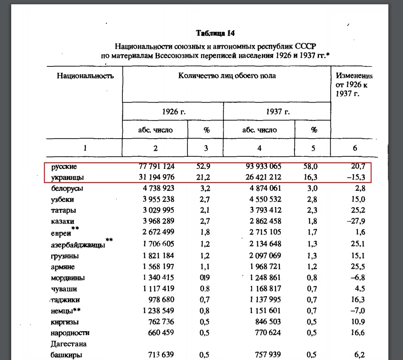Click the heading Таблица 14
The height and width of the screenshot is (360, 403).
(215, 33)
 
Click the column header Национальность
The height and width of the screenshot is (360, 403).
(85, 76)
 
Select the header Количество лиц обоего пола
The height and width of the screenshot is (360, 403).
(227, 76)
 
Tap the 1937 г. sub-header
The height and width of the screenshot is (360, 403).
(278, 112)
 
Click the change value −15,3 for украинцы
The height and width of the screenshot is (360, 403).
(356, 177)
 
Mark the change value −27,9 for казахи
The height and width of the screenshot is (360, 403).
(356, 221)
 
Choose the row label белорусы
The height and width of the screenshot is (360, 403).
(67, 188)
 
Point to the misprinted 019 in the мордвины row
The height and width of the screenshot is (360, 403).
(205, 278)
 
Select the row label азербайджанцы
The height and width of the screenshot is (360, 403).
(78, 245)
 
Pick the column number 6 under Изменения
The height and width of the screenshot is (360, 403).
(355, 148)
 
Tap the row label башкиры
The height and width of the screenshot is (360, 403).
(65, 355)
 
